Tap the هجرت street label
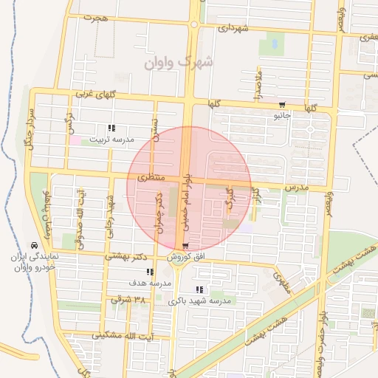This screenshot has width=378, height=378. click(x=95, y=16)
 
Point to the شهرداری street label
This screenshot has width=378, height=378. click(x=232, y=28)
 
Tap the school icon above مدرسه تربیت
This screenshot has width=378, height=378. click(x=111, y=128)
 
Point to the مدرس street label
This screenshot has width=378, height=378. click(x=295, y=188)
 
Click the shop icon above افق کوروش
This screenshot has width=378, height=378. click(x=185, y=246)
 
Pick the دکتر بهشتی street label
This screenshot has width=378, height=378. click(x=122, y=257)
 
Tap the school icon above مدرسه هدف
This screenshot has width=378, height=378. click(x=150, y=272)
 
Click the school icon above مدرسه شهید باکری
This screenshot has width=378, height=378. click(x=199, y=289)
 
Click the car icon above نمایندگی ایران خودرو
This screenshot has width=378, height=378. click(x=34, y=245)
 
